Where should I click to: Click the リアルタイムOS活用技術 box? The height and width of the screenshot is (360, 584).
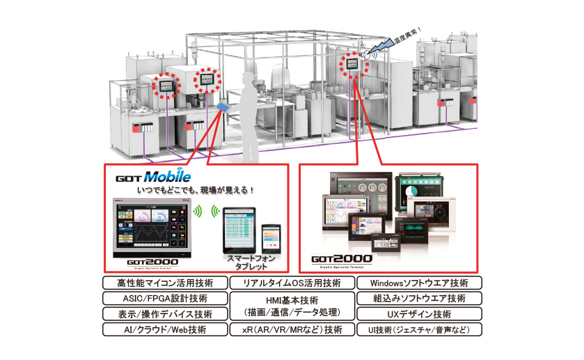[292, 283]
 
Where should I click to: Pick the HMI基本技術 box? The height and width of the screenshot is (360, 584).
[292, 306]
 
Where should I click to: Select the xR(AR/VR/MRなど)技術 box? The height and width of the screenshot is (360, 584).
[292, 329]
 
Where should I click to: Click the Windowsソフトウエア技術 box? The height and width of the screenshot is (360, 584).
[419, 283]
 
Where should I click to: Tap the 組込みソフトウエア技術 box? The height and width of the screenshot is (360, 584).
[419, 298]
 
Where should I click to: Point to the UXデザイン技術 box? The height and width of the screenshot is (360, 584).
[419, 313]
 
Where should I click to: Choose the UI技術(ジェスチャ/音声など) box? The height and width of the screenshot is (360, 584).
[419, 329]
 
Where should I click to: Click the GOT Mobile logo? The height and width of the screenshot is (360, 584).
[153, 177]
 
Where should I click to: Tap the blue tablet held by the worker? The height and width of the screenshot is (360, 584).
[223, 106]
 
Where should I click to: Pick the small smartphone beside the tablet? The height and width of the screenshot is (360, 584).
[270, 239]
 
